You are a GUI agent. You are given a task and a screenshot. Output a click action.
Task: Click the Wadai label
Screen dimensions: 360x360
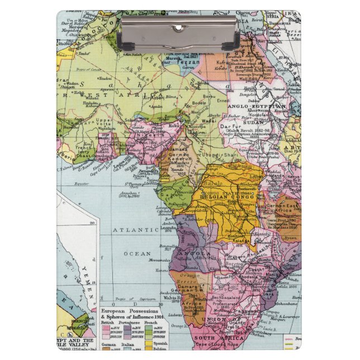210,119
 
